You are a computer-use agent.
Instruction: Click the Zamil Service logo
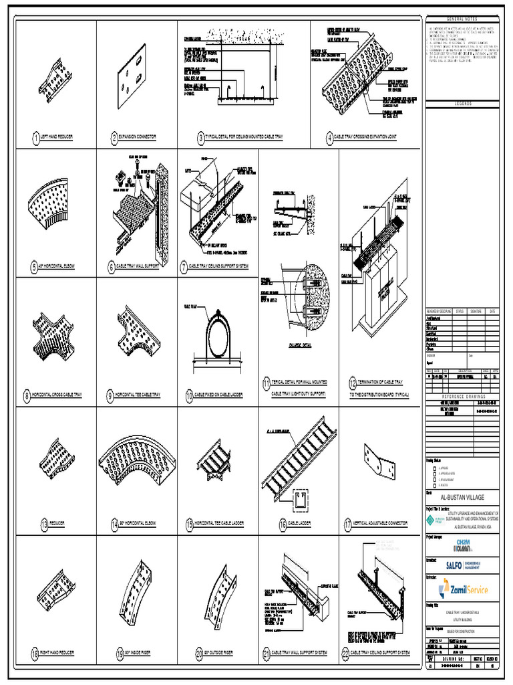coord(463,589)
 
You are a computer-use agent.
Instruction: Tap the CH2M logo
coord(462,545)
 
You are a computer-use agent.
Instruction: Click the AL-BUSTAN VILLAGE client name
coord(462,498)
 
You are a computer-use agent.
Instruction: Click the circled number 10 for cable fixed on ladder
coord(188,395)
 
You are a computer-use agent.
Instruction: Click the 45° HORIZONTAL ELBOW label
coord(57,267)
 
